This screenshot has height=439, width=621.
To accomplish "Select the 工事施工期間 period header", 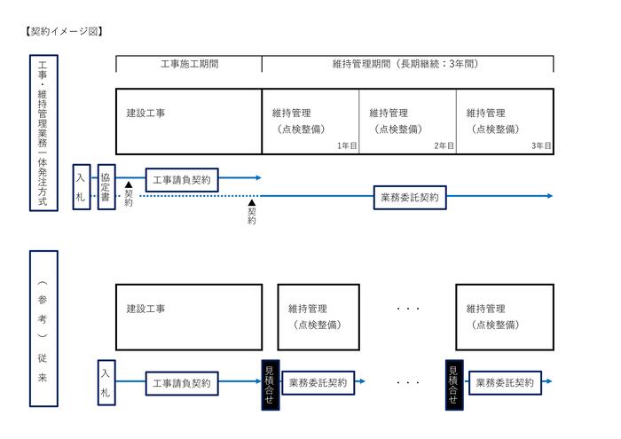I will [x=189, y=64].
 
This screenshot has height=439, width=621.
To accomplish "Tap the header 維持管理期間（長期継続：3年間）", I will [x=408, y=64].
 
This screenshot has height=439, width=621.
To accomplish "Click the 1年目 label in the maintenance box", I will [x=346, y=145].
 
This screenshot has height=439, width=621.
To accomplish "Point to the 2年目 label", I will [x=444, y=145].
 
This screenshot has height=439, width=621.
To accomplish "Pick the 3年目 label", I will [x=540, y=145].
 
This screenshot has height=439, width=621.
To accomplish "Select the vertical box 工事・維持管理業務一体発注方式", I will [x=42, y=132].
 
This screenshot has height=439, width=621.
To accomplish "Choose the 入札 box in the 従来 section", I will [x=106, y=382].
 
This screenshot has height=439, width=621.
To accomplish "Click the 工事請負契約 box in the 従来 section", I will [x=181, y=383].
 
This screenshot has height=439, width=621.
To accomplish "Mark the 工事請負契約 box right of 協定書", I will [x=181, y=179].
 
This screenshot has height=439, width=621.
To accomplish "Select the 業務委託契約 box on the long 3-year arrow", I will [x=409, y=197].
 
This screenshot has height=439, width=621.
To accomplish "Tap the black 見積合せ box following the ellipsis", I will [x=454, y=383].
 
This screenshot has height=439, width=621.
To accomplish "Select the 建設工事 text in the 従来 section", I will [x=146, y=309].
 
